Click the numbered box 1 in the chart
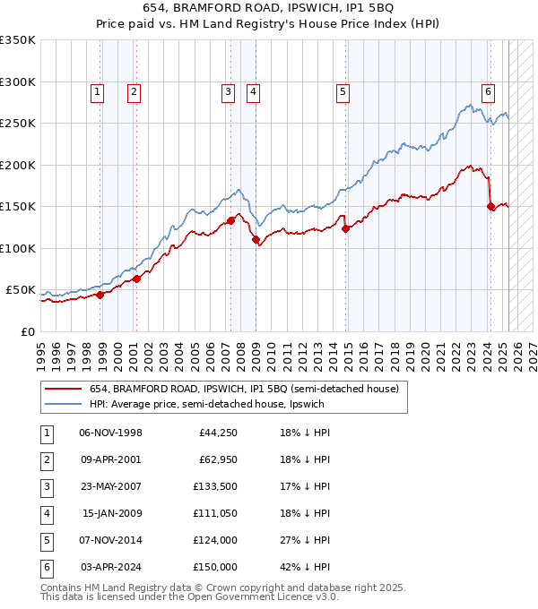point(96,90)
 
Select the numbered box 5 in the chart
point(343,90)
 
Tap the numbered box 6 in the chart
point(488,90)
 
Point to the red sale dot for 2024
point(490,207)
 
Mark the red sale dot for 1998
point(100,295)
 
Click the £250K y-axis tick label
point(18,124)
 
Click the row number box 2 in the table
point(46,461)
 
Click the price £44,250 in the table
point(215,433)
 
